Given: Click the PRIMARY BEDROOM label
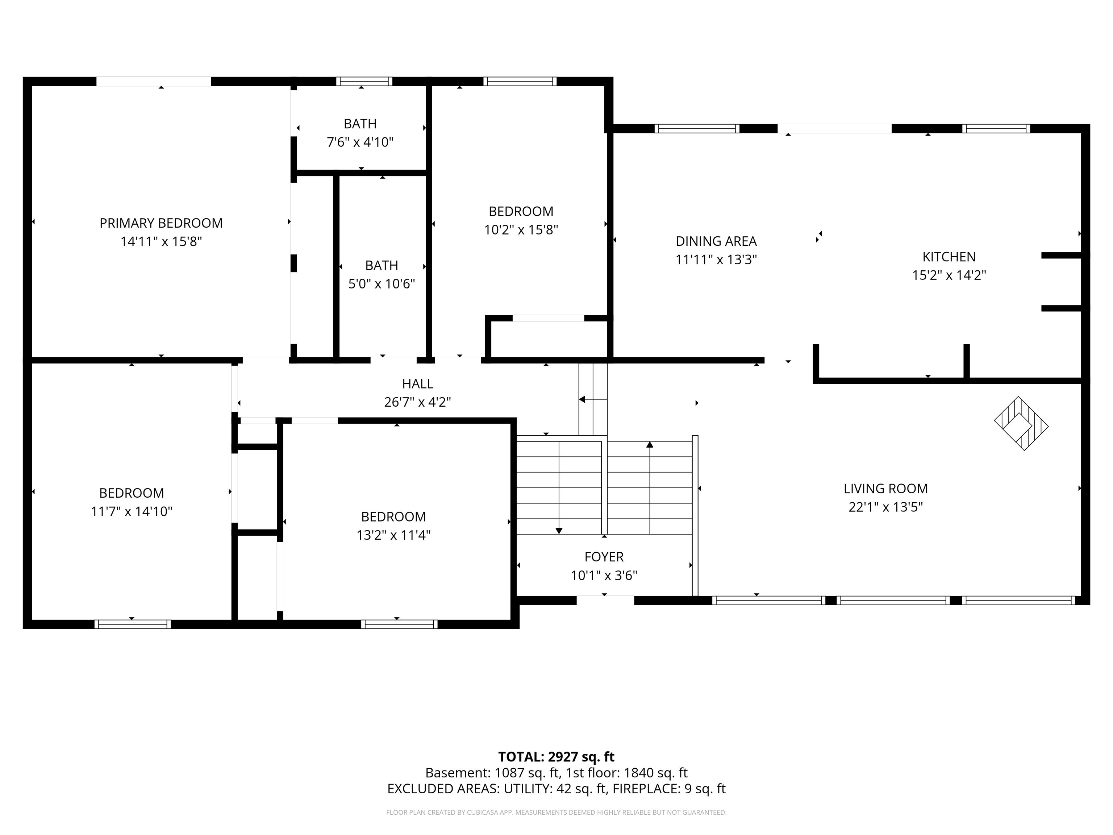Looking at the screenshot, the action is [161, 223].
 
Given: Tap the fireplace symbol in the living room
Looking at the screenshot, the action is [1021, 423].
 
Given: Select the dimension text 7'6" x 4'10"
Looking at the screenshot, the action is [360, 142].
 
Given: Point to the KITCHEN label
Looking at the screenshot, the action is [949, 257].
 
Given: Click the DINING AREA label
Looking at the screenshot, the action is [716, 241].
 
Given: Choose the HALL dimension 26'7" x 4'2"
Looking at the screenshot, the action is [418, 402].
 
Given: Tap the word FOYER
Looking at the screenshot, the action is [604, 557].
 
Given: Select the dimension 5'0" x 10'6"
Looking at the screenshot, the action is [382, 284].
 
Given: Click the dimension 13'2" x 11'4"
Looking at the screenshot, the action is [393, 535].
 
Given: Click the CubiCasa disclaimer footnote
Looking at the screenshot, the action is [556, 813].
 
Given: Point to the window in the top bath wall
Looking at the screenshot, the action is [364, 82].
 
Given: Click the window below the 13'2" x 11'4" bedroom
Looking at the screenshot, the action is [400, 624].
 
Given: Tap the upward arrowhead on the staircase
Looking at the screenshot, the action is [650, 444].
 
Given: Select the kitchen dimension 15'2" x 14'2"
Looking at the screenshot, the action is [949, 275].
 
